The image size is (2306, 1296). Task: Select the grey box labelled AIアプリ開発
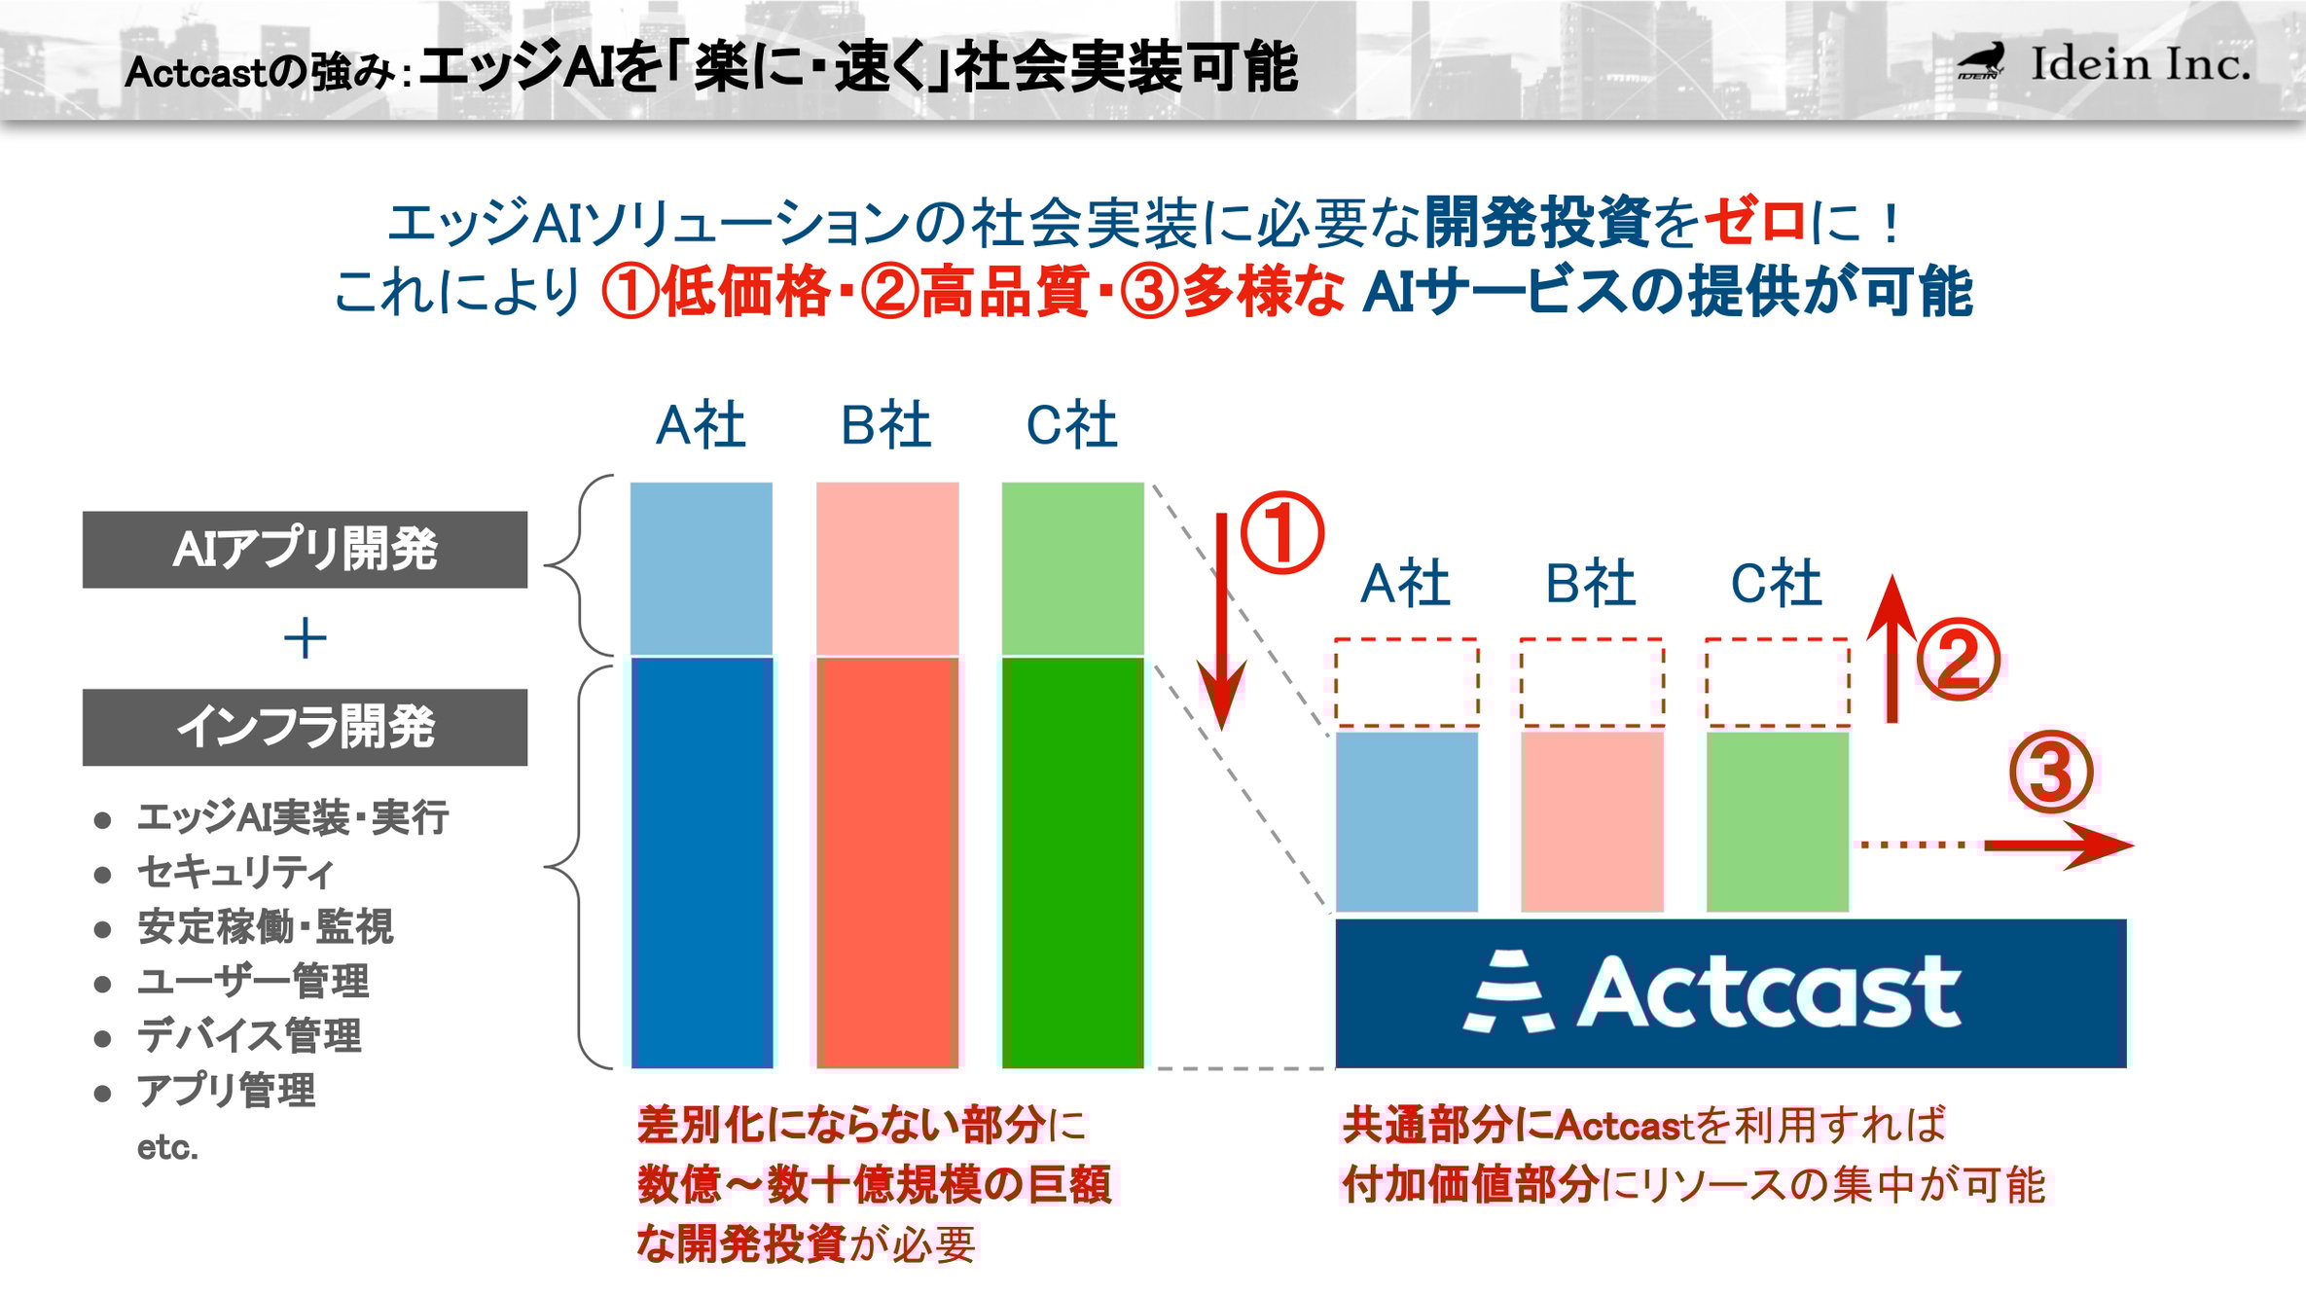pyautogui.click(x=305, y=550)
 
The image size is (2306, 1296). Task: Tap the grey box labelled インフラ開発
pyautogui.click(x=305, y=728)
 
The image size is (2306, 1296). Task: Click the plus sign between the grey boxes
pyautogui.click(x=305, y=639)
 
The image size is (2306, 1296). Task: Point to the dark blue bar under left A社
pyautogui.click(x=702, y=863)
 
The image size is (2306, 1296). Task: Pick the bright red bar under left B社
pyautogui.click(x=887, y=863)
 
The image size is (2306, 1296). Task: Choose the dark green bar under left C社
pyautogui.click(x=1072, y=863)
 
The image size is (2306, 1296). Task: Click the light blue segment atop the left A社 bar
pyautogui.click(x=702, y=568)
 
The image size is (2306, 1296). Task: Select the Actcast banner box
pyautogui.click(x=1730, y=992)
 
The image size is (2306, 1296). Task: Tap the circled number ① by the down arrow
pyautogui.click(x=1281, y=533)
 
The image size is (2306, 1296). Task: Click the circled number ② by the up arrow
pyautogui.click(x=1958, y=659)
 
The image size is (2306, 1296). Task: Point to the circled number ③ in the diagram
pyautogui.click(x=2051, y=773)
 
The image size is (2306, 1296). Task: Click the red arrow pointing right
pyautogui.click(x=2058, y=845)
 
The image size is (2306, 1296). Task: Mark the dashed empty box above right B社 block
pyautogui.click(x=1592, y=683)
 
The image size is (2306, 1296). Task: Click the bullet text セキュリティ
pyautogui.click(x=235, y=872)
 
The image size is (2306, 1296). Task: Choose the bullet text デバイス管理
pyautogui.click(x=249, y=1035)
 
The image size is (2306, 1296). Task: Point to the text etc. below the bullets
pyautogui.click(x=167, y=1147)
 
